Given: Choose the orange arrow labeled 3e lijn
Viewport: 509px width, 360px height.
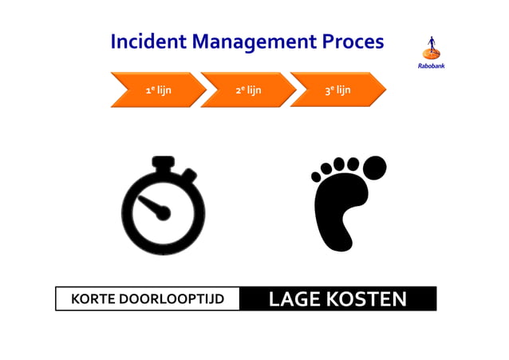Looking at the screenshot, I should (337, 90).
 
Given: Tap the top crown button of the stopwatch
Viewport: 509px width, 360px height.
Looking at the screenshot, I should (163, 162).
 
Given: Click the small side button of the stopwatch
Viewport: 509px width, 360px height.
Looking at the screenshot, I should (189, 175).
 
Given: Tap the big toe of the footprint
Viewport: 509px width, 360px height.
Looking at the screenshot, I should (372, 168).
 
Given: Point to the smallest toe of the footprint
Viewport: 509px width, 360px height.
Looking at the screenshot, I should (317, 175).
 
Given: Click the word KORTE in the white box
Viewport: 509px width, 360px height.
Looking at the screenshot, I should (93, 300).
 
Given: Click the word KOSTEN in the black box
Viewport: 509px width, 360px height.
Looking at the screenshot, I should (368, 299).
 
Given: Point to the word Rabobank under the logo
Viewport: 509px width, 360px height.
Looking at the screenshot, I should (432, 65).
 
